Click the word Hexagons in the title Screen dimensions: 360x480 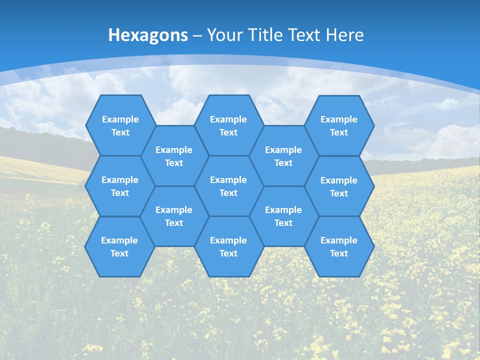click(148, 35)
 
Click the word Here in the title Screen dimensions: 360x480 click(345, 35)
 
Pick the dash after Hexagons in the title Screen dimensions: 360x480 click(197, 35)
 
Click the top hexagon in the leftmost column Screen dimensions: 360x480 click(120, 125)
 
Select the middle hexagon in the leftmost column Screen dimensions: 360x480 click(120, 186)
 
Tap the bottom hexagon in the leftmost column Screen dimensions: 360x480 click(119, 246)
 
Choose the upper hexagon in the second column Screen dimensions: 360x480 click(174, 156)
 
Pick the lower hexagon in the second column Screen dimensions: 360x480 click(174, 216)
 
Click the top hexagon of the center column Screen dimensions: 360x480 click(228, 125)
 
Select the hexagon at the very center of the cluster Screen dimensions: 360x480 click(228, 186)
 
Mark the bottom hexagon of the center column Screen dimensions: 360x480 click(228, 246)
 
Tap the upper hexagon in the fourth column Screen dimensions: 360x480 click(283, 156)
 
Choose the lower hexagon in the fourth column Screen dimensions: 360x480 click(283, 216)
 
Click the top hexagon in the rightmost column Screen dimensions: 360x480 click(339, 125)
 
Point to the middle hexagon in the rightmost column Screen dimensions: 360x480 click(339, 186)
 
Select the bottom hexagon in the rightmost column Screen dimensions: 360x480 click(339, 246)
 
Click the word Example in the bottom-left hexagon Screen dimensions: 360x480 click(119, 240)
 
